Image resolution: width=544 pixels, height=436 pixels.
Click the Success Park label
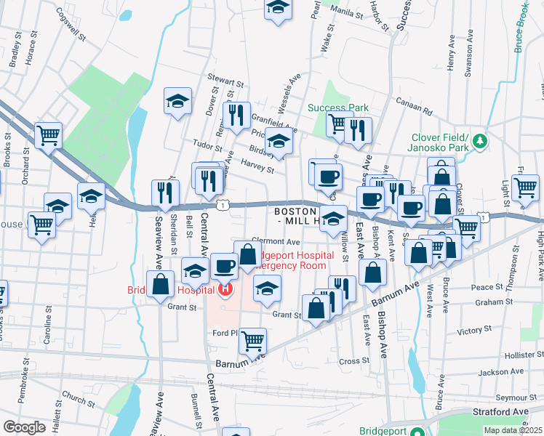tap(348, 108)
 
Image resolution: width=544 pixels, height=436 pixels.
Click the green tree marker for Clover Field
tap(479, 140)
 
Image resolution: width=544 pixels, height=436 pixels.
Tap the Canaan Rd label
tap(413, 108)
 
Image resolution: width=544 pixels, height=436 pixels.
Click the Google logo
tap(24, 427)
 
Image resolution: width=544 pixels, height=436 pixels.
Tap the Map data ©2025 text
tap(513, 430)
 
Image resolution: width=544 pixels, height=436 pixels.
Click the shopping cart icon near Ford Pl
tap(252, 339)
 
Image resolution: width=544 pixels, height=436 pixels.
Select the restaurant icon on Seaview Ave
tap(165, 193)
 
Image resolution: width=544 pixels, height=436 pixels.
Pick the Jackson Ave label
tap(503, 372)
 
